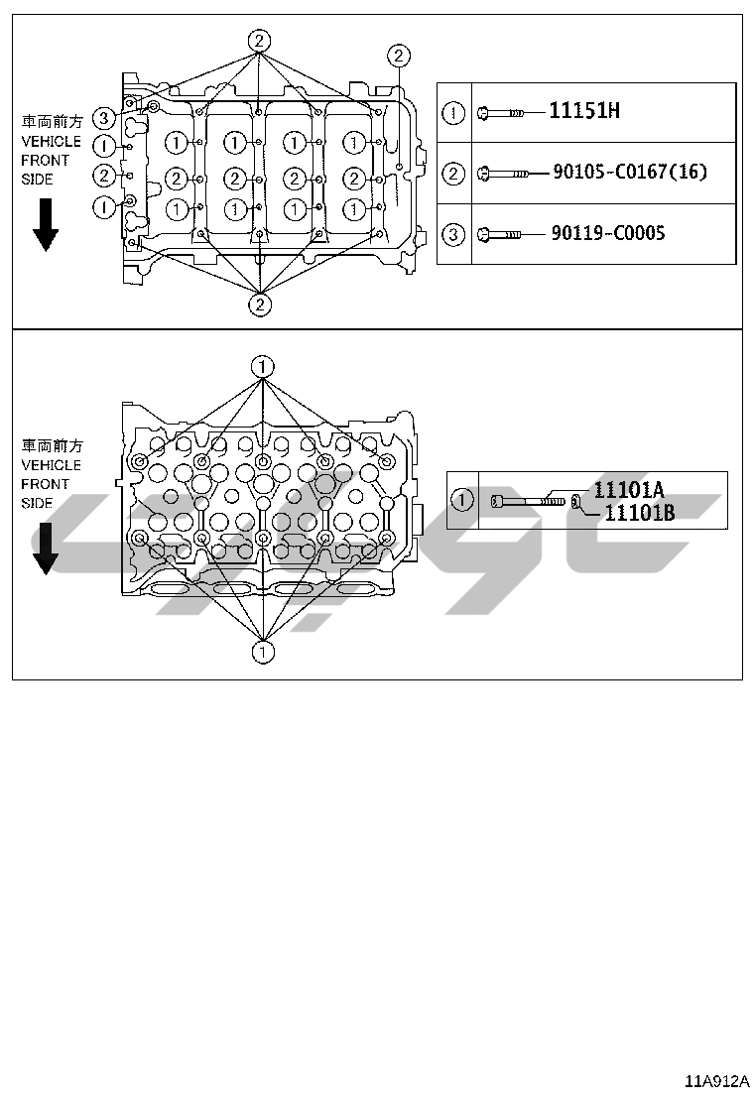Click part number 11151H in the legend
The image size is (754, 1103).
(584, 111)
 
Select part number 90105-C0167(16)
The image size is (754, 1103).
(630, 173)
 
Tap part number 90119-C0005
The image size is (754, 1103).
(608, 234)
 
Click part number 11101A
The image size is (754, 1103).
(628, 489)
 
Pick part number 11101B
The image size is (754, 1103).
(639, 512)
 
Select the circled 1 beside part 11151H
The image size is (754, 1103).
(452, 113)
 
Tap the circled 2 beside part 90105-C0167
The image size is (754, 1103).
(452, 175)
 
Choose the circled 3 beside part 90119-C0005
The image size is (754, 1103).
(452, 235)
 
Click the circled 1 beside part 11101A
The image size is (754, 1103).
(461, 500)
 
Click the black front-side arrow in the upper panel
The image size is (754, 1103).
(46, 225)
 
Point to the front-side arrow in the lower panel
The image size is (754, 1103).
(46, 551)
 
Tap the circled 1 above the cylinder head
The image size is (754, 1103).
(262, 366)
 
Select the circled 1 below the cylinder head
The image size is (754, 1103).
(262, 652)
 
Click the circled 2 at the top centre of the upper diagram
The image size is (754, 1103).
(259, 41)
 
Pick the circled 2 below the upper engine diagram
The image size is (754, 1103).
(260, 304)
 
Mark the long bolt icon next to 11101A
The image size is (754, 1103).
(526, 502)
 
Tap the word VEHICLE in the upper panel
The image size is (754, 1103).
(51, 142)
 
